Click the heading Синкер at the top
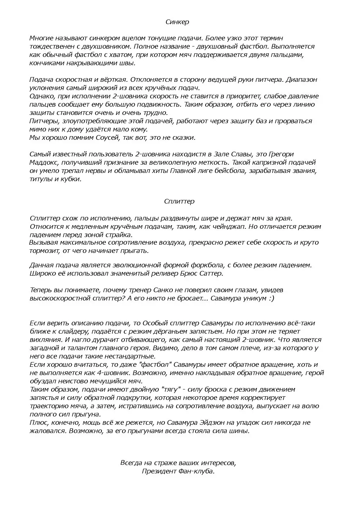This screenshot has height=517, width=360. click(x=177, y=22)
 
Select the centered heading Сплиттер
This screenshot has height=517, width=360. click(x=179, y=201)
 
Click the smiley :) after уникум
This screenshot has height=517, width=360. click(x=270, y=298)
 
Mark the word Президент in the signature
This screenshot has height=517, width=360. click(x=157, y=471)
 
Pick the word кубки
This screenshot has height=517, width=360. click(x=71, y=179)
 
